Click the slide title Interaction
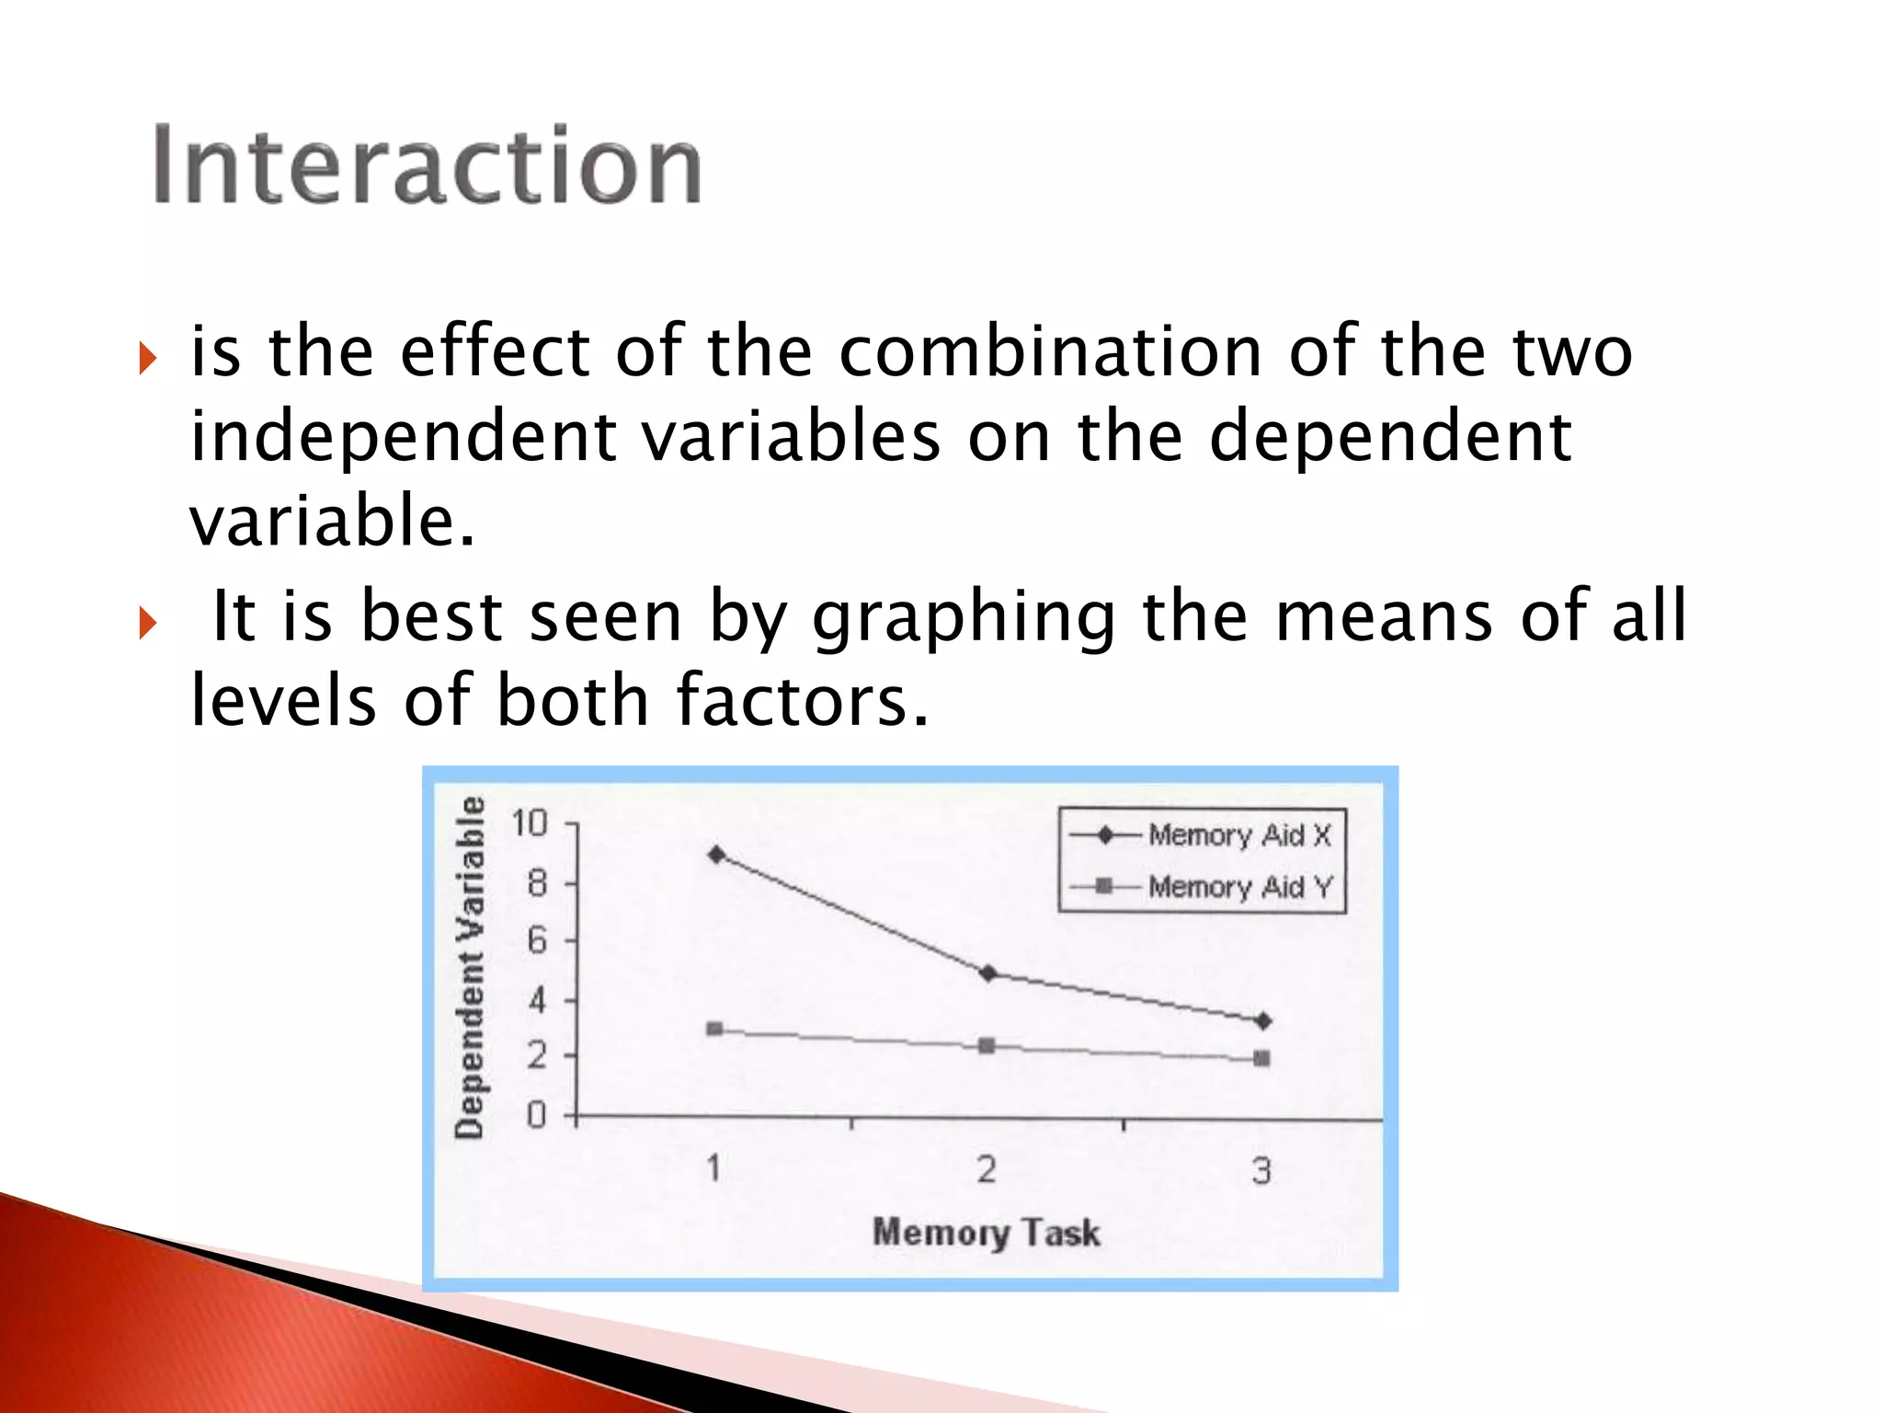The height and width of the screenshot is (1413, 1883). point(427,166)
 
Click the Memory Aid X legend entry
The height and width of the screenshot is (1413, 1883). point(1238,835)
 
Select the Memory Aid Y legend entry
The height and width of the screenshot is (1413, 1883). point(1238,887)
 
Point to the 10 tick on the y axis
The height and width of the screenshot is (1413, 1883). point(530,823)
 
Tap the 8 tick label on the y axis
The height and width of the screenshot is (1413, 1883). point(537,884)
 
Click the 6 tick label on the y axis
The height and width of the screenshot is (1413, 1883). point(537,940)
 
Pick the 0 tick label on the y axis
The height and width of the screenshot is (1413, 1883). point(537,1116)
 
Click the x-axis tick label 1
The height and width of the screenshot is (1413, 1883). point(713,1168)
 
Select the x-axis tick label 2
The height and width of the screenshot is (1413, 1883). point(987,1169)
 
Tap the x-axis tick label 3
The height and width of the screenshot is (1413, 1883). point(1261,1170)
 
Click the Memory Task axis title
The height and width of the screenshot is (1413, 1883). point(986,1232)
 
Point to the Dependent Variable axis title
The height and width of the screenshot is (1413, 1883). point(470,968)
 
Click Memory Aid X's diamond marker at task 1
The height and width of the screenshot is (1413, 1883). point(716,855)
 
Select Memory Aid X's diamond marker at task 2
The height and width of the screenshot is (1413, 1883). point(987,973)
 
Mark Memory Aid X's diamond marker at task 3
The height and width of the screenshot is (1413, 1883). point(1263,1021)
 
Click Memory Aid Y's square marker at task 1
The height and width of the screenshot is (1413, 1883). point(714,1028)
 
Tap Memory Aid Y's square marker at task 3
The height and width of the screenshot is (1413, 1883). point(1262,1059)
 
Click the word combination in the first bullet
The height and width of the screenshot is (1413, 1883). point(1051,351)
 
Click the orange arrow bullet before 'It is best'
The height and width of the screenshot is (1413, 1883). point(147,624)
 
